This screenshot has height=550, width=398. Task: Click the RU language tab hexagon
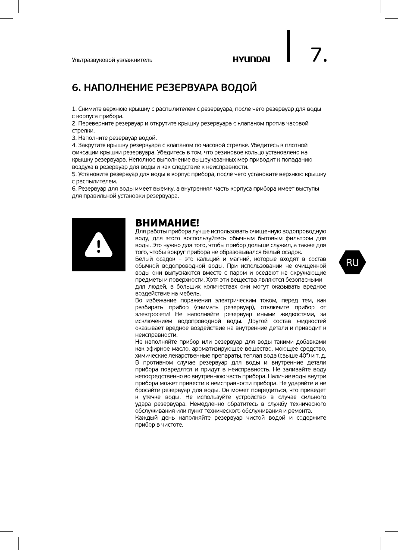pos(352,262)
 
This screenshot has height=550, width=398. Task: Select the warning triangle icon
pos(99,245)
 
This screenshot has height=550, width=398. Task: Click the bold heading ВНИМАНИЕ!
pos(167,223)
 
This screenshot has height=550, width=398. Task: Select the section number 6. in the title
pos(76,88)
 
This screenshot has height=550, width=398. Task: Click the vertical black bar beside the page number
pos(288,46)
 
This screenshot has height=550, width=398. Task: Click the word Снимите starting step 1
pos(89,109)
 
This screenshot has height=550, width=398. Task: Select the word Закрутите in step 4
pos(91,145)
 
